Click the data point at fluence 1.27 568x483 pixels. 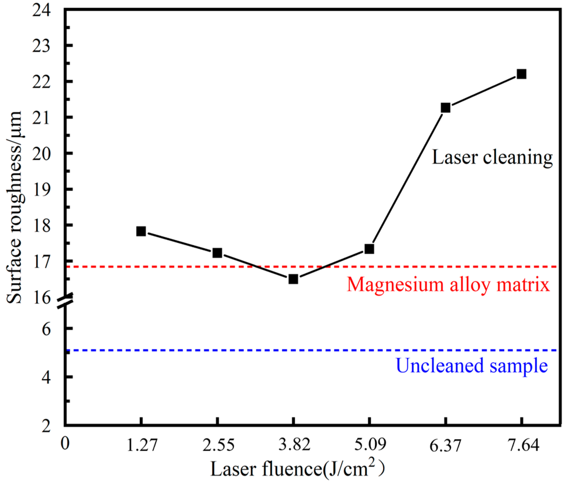[141, 231]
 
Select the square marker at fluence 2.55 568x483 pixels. [217, 253]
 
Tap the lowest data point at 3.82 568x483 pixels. [293, 279]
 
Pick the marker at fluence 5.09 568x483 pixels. [369, 249]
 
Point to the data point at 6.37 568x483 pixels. [445, 108]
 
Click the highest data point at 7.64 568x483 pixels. [521, 74]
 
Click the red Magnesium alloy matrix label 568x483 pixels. [448, 285]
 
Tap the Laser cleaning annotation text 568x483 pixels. [493, 157]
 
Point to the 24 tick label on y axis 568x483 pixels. [42, 11]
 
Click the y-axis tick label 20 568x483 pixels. [42, 154]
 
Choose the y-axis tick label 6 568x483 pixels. [46, 329]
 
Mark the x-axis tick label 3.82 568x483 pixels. [294, 445]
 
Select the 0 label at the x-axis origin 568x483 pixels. [65, 443]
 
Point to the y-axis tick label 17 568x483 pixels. [42, 262]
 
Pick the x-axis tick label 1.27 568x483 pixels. [142, 445]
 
